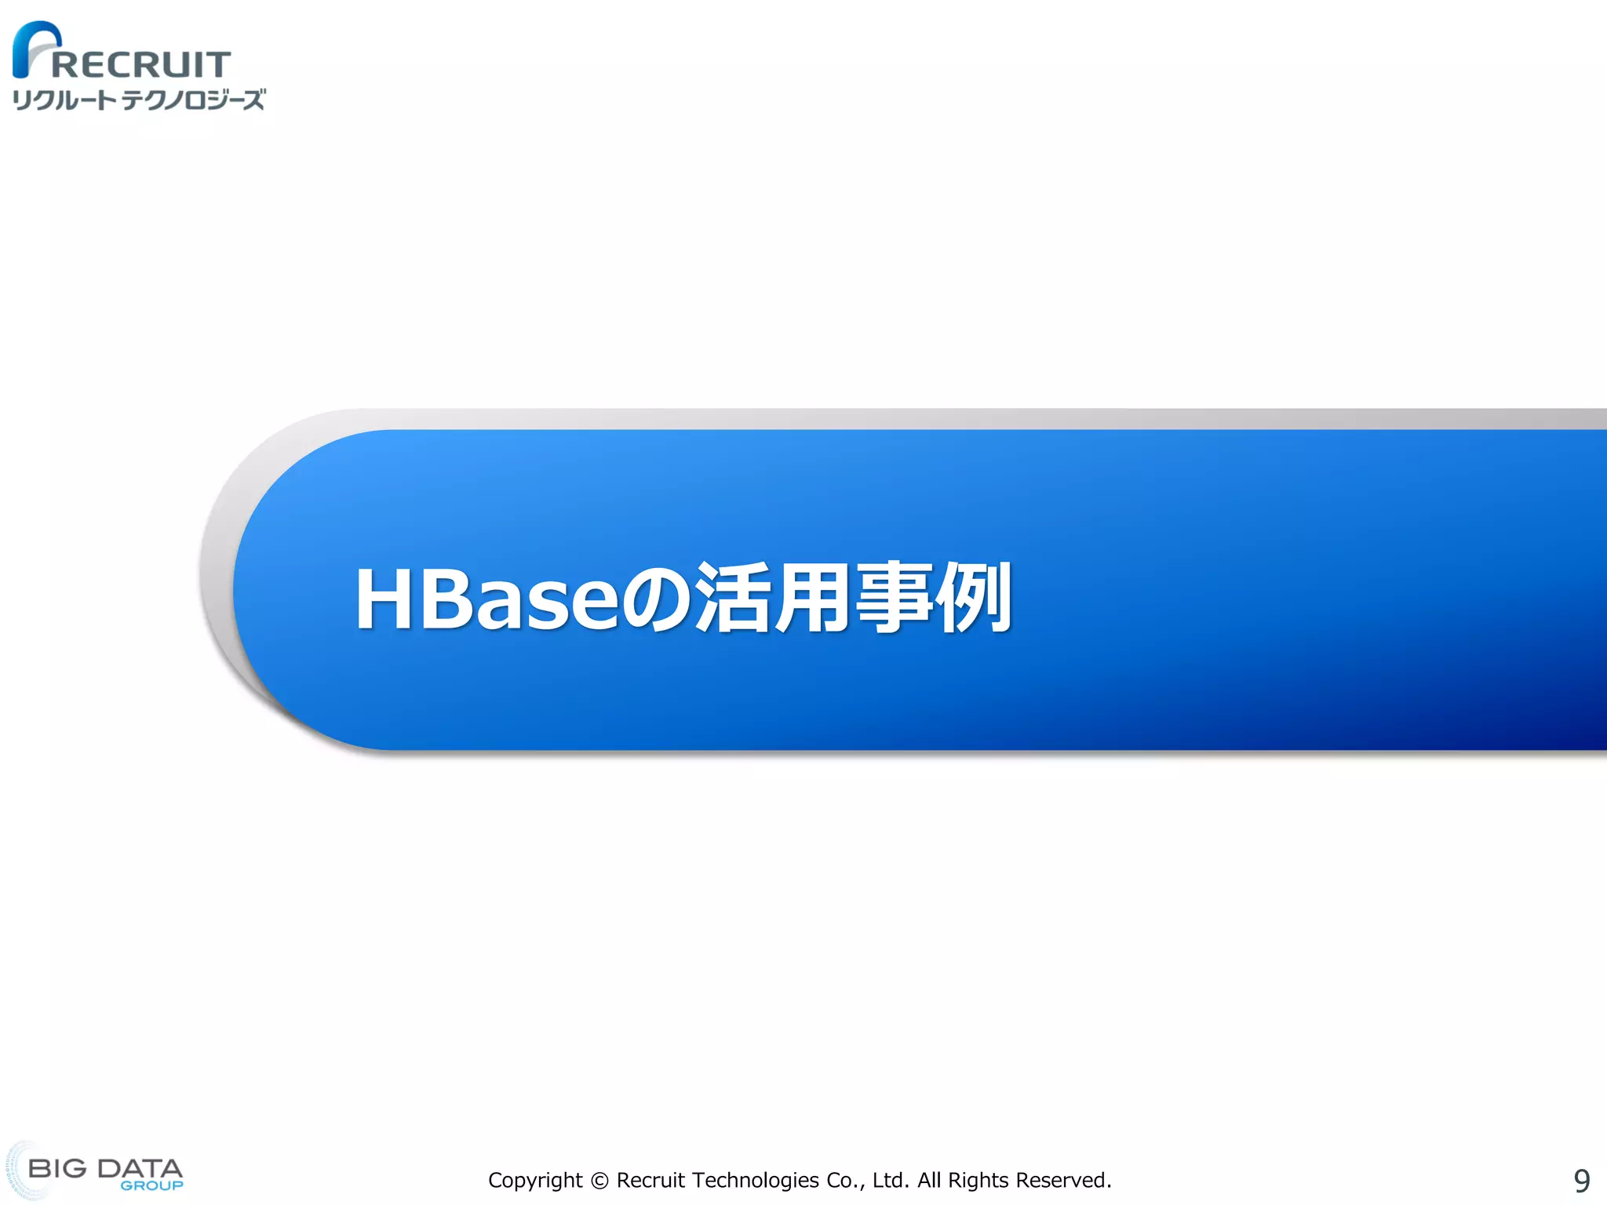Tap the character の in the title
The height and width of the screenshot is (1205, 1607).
[658, 600]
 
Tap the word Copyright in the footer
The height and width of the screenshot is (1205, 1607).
[535, 1181]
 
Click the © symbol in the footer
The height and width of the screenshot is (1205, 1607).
[599, 1181]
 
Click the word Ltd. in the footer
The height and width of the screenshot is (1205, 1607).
[891, 1181]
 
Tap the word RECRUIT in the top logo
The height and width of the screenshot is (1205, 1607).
[141, 64]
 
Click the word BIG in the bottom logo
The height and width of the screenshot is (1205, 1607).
[57, 1168]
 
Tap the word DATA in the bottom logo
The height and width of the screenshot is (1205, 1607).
[140, 1168]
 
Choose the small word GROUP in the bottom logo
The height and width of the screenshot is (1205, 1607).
[151, 1185]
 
